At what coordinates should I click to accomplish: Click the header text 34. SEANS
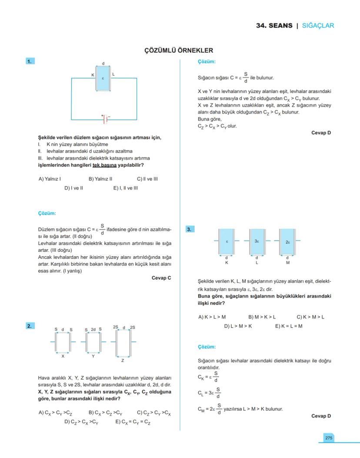(x=274, y=26)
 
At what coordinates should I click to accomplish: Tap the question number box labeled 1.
(x=30, y=61)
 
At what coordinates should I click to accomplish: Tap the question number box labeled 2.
(x=30, y=326)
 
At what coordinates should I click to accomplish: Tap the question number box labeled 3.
(x=190, y=229)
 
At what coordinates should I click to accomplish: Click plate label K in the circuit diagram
(x=93, y=75)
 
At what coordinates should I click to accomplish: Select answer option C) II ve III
(x=147, y=178)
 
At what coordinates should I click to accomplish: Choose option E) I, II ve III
(x=125, y=188)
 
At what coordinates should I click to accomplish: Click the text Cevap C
(x=161, y=277)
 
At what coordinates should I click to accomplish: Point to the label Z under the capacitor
(x=123, y=360)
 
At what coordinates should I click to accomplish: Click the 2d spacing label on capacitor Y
(x=93, y=329)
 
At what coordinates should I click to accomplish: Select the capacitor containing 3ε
(x=257, y=241)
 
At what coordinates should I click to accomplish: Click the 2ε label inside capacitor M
(x=288, y=241)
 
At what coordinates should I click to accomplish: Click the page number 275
(x=328, y=438)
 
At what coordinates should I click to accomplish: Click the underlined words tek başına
(x=104, y=165)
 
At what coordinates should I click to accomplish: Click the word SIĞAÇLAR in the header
(x=318, y=26)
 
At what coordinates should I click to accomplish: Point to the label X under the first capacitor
(x=63, y=356)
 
